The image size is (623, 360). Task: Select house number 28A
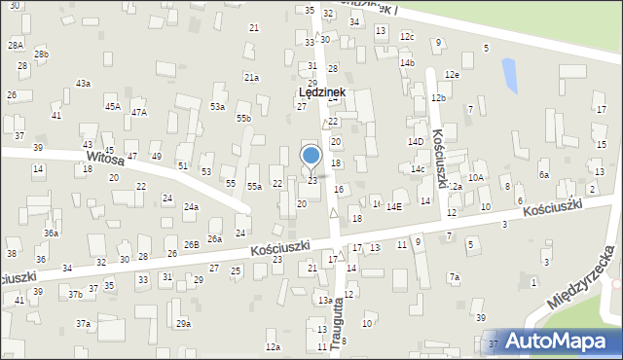click(x=16, y=45)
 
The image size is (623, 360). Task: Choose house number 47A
click(x=139, y=112)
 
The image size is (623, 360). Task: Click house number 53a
click(x=217, y=107)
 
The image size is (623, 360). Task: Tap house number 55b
click(x=243, y=119)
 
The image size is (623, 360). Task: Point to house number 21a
click(x=251, y=77)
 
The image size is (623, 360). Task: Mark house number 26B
click(x=192, y=244)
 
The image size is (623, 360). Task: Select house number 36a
click(x=51, y=234)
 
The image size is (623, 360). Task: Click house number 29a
click(x=183, y=324)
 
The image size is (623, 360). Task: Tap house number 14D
click(x=416, y=142)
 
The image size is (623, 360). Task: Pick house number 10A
click(x=475, y=178)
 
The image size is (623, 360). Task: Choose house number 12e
click(x=451, y=75)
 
